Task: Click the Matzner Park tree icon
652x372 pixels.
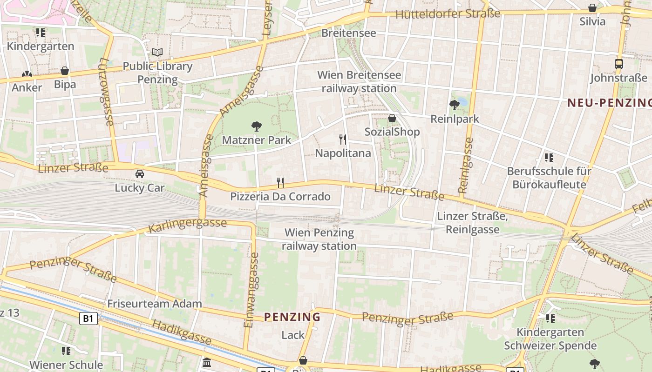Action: [x=256, y=126]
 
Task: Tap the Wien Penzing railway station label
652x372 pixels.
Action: [x=319, y=239]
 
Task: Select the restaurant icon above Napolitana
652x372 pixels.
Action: [x=343, y=139]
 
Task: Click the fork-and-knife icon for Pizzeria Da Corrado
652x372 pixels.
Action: [x=280, y=182]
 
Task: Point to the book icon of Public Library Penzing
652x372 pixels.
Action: [x=157, y=53]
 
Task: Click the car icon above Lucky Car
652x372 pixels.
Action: [x=139, y=174]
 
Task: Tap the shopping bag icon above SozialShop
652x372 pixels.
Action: [x=392, y=118]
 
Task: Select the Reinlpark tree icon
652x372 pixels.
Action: [x=455, y=105]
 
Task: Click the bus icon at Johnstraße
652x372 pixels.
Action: [x=618, y=64]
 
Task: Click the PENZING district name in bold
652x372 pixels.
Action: [x=292, y=317]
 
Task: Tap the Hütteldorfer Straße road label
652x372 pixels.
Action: [x=448, y=14]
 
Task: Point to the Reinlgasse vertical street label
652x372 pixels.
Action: [x=465, y=165]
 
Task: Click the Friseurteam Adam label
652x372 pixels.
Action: [x=155, y=304]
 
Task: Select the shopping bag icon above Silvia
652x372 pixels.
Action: [x=592, y=8]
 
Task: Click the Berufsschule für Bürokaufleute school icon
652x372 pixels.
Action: [x=549, y=158]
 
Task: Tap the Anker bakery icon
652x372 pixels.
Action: [x=27, y=74]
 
